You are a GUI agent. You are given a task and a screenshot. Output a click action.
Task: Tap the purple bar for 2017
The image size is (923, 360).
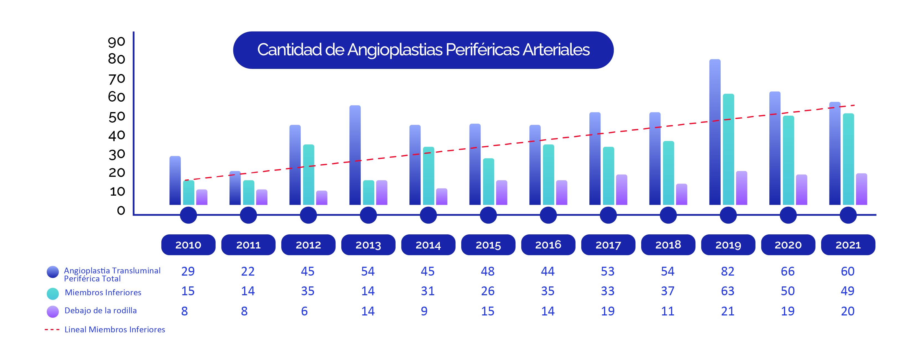tap(622, 190)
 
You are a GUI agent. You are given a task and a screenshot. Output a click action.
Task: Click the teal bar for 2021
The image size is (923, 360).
tap(848, 159)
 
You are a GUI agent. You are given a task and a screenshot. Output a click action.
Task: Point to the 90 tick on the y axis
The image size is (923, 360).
tap(117, 42)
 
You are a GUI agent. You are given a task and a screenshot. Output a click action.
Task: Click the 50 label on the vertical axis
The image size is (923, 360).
tap(117, 117)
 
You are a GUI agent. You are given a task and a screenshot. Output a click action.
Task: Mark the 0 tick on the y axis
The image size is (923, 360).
tap(121, 210)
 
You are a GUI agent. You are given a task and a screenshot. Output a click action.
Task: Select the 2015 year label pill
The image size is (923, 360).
tap(488, 245)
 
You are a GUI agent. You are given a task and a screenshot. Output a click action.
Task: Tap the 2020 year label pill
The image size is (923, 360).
tap(788, 245)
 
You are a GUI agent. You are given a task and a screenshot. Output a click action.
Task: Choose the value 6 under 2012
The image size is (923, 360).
tap(304, 311)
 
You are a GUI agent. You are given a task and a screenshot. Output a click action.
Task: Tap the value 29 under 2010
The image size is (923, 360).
tap(188, 271)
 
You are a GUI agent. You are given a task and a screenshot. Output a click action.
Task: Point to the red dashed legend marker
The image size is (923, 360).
tap(52, 330)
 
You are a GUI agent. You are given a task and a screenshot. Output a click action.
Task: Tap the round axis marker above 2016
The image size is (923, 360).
tap(548, 215)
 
